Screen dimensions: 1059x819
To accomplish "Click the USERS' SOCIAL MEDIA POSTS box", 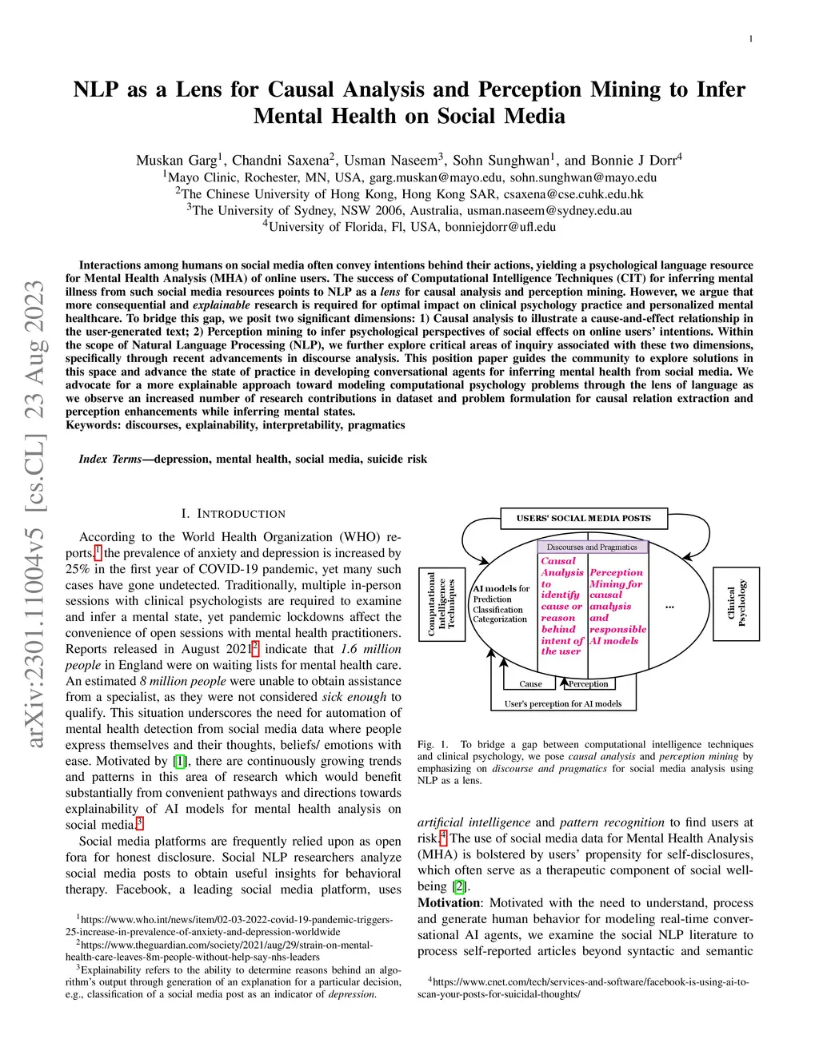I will [x=583, y=518].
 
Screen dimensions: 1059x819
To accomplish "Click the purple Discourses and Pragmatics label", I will [x=592, y=547].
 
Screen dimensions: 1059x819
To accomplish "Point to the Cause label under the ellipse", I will [x=530, y=684].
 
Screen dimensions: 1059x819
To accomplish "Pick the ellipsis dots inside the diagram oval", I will [x=669, y=607].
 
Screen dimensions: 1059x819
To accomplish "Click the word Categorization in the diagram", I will [x=500, y=619].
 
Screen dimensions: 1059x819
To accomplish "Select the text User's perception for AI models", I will [x=563, y=704].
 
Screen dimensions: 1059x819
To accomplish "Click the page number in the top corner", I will [x=750, y=38].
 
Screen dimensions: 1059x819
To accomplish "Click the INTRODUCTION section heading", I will [x=241, y=514].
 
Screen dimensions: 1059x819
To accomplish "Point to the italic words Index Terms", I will [x=110, y=459].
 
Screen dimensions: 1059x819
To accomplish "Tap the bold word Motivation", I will [x=449, y=903].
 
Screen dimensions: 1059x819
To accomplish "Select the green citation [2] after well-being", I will [x=459, y=886].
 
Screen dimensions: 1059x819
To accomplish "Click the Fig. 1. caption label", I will [x=433, y=745].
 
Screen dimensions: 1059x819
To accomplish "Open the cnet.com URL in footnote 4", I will [x=584, y=988].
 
